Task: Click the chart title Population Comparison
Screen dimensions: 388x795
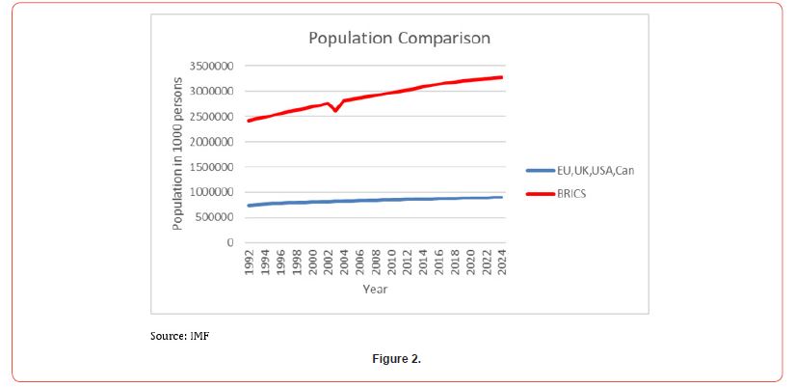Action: (x=399, y=39)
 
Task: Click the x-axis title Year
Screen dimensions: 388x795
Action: (x=376, y=289)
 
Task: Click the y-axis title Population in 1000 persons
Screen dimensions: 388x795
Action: (x=178, y=154)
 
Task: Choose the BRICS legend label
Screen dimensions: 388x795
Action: (x=572, y=193)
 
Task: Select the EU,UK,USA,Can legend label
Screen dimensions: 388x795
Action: (x=596, y=171)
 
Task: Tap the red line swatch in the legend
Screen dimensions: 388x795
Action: (x=540, y=194)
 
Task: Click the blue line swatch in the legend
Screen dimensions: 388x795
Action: (x=540, y=171)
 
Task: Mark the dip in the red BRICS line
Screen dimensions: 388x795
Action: (x=335, y=111)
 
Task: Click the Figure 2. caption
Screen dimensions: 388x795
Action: (x=397, y=359)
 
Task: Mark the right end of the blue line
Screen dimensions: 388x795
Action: (x=502, y=197)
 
